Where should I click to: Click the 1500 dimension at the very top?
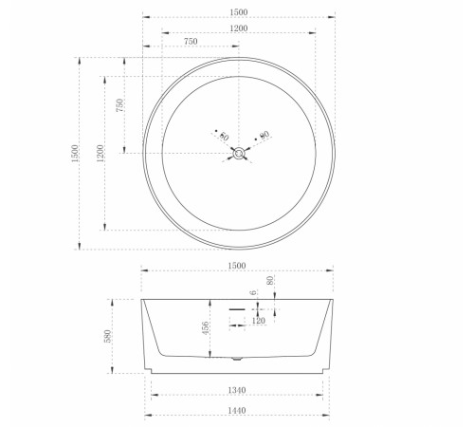[239, 12]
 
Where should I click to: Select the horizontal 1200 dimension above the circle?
[239, 28]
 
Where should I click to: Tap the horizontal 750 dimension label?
[191, 42]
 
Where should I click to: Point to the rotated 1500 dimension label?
[75, 154]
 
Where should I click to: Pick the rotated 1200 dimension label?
[100, 154]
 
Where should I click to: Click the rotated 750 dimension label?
[119, 105]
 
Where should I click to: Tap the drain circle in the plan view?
[239, 154]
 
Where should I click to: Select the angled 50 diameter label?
[224, 137]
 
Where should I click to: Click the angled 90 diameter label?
[264, 135]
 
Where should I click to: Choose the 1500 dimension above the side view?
[237, 266]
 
